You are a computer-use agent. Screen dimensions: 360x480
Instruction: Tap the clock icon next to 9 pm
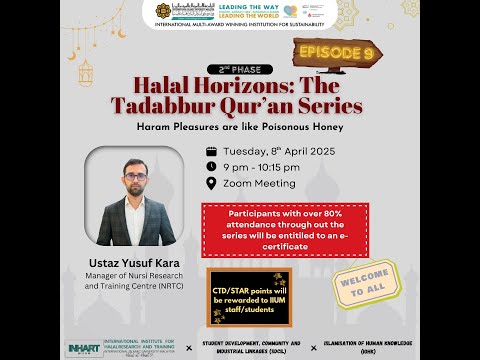(x=211, y=166)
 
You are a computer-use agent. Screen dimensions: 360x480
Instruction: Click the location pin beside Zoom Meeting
(x=211, y=183)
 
